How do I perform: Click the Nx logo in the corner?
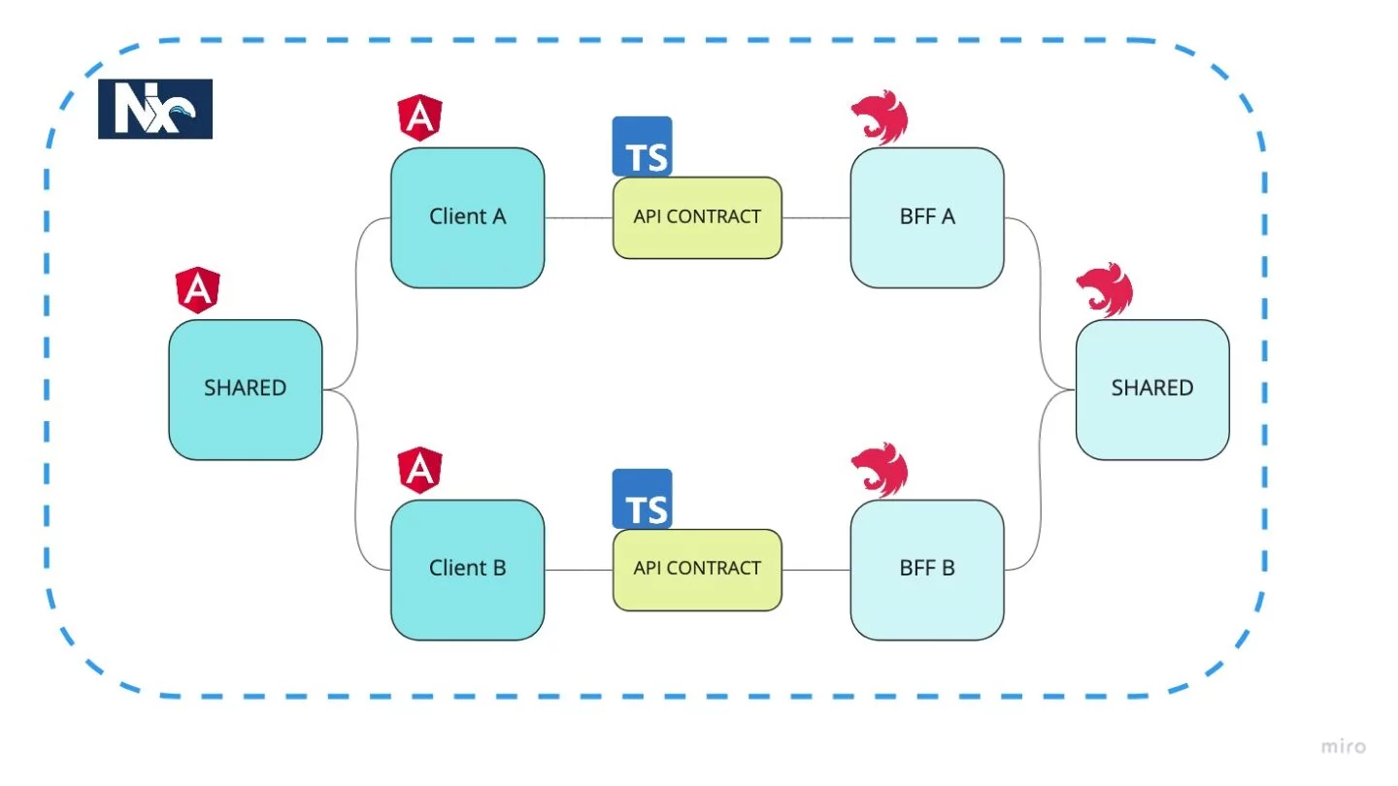155,109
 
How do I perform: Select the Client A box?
467,217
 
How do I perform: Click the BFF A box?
927,217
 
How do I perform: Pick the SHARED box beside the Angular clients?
245,389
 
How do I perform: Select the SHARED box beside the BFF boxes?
1152,389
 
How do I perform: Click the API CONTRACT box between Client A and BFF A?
697,217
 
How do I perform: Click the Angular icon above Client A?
419,118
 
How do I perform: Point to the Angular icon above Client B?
419,471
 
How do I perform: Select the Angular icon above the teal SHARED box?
197,290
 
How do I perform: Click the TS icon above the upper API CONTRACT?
643,147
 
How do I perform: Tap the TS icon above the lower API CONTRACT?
643,499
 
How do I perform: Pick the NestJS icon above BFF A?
880,120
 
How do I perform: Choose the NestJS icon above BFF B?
880,471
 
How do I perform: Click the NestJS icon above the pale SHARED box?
1105,289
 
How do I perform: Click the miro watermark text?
1344,746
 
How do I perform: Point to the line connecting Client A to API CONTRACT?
579,218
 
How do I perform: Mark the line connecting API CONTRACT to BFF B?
815,570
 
